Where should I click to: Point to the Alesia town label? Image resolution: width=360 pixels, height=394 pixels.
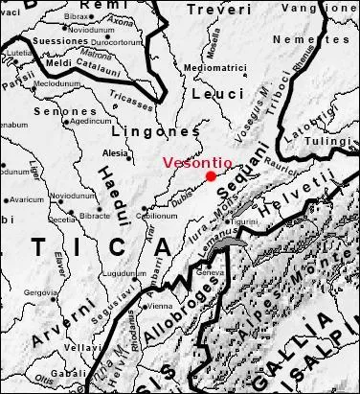click(115, 152)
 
